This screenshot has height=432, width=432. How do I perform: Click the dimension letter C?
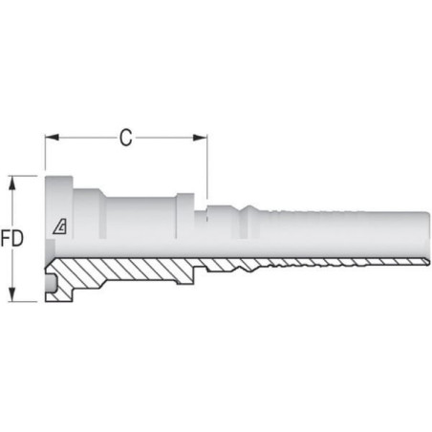coord(126,138)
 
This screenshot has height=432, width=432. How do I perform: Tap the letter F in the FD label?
coord(6,238)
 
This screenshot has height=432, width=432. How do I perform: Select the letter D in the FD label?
coord(18,238)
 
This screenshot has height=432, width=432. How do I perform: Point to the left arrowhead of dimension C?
coord(52,138)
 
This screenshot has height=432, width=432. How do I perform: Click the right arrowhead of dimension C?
coord(200,138)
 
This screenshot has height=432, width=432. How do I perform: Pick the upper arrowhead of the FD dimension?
coord(12,184)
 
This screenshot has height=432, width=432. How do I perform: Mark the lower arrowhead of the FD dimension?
coord(12,294)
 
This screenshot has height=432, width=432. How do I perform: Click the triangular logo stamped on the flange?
coord(60,227)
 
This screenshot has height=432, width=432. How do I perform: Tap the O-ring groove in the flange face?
coord(51,283)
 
